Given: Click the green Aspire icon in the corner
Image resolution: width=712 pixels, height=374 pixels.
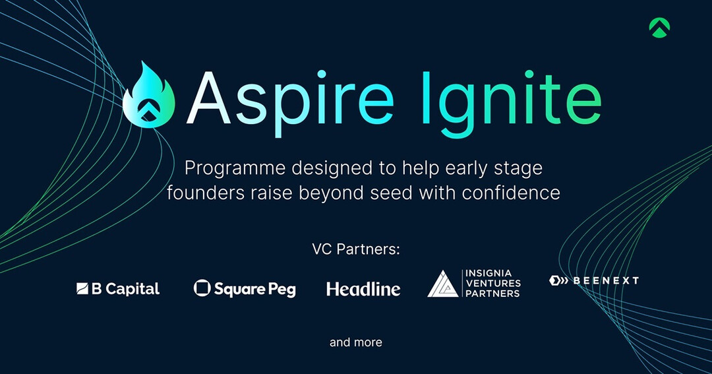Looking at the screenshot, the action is (659, 28).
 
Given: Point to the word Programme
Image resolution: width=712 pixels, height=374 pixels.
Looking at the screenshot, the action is (235, 169).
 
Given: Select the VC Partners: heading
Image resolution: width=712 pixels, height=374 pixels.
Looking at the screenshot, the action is (355, 249).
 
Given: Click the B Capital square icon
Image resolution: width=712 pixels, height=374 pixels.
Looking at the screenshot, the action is (82, 288).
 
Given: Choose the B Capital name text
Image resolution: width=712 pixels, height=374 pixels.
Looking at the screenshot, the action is (125, 289).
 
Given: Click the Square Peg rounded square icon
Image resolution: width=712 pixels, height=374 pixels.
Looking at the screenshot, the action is (202, 288).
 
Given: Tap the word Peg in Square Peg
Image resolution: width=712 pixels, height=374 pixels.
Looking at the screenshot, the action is (282, 290).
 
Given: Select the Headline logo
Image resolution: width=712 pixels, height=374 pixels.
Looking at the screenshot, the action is (363, 289).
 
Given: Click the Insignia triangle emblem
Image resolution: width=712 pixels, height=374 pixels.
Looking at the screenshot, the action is (443, 284).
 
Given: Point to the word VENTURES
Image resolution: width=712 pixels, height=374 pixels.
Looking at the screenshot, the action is (493, 283).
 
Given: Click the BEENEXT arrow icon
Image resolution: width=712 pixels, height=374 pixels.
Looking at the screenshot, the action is (558, 280).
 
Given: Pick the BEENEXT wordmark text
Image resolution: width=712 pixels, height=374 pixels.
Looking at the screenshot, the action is (606, 280).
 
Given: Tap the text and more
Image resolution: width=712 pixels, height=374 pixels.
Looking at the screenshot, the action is (355, 342).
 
